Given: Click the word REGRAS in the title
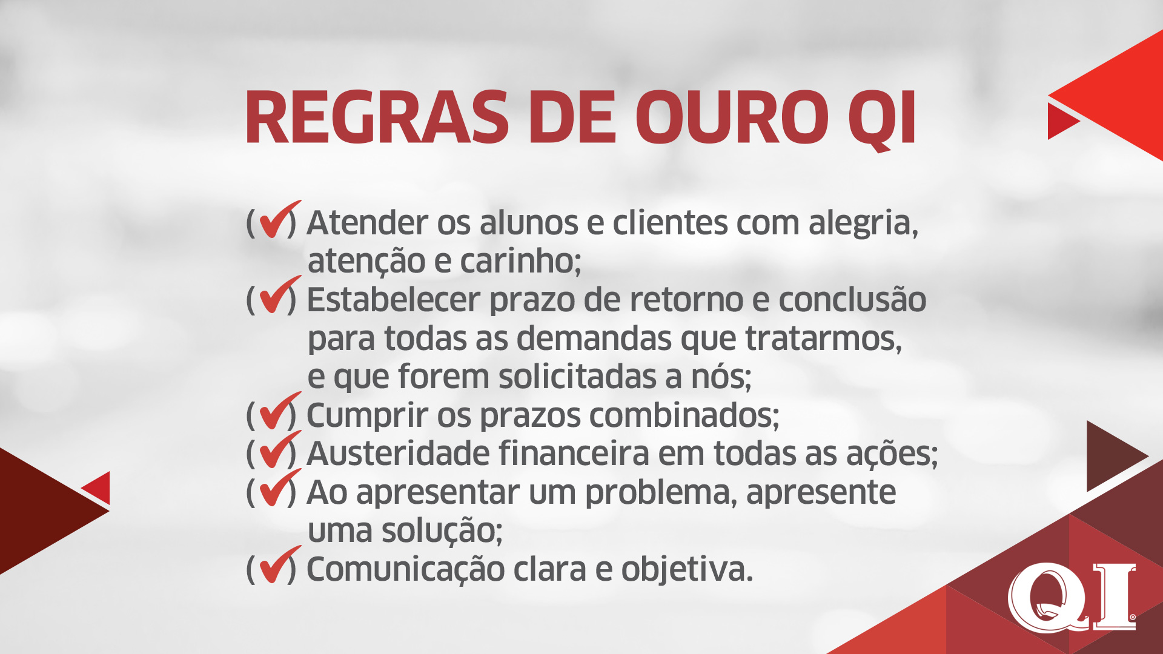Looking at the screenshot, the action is point(377,117).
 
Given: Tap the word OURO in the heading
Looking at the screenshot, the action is point(731,117).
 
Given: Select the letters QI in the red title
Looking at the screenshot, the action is point(881,120).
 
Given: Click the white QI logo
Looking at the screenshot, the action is point(1072,597).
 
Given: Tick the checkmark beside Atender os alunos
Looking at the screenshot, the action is point(279,219).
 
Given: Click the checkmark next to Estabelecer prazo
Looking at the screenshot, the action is point(279,295).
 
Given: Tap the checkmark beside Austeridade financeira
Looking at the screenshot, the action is point(279,449).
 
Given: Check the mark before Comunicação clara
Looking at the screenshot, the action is point(279,564).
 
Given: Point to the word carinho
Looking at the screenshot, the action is point(520,262).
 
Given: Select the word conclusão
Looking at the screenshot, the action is point(852,299).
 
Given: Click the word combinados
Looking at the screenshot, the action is point(684,415).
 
